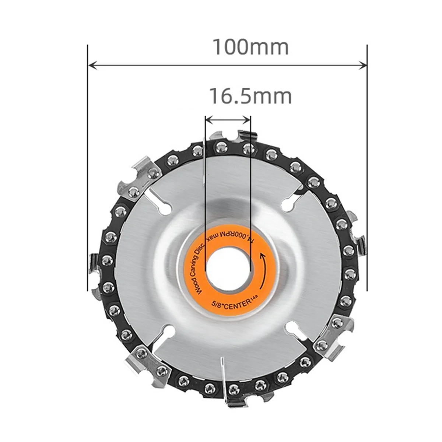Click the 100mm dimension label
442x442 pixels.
(x=250, y=47)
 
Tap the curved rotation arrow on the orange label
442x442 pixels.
(x=264, y=271)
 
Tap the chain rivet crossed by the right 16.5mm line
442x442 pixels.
(x=248, y=148)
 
